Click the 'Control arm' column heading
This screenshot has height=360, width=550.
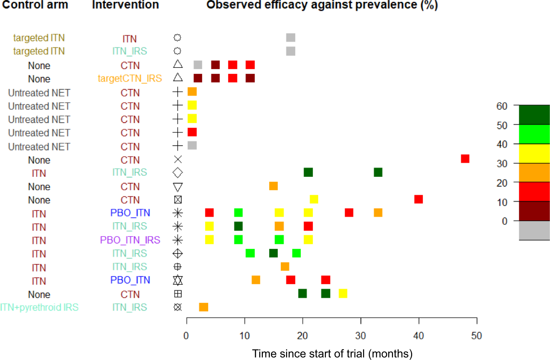pyautogui.click(x=35, y=5)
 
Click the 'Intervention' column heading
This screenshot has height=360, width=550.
pyautogui.click(x=125, y=5)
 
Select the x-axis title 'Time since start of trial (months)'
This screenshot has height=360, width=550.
pyautogui.click(x=332, y=353)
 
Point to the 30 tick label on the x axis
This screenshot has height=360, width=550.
pyautogui.click(x=360, y=335)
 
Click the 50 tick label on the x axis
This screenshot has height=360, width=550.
pyautogui.click(x=476, y=335)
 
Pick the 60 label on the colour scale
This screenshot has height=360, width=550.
pyautogui.click(x=502, y=106)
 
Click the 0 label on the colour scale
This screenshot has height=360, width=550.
pyautogui.click(x=505, y=221)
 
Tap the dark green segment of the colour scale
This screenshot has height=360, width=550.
pyautogui.click(x=534, y=114)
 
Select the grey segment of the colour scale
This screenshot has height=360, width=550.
pyautogui.click(x=534, y=230)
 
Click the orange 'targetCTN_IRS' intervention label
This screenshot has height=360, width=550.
pyautogui.click(x=130, y=79)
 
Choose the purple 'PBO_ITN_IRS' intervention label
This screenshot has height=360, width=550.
pyautogui.click(x=130, y=240)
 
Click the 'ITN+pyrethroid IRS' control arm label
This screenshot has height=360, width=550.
pyautogui.click(x=39, y=307)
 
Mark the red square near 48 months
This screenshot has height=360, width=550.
pyautogui.click(x=465, y=159)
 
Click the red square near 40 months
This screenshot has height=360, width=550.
pyautogui.click(x=418, y=199)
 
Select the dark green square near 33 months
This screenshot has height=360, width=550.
pyautogui.click(x=378, y=172)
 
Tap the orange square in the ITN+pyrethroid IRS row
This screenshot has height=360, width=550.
pyautogui.click(x=203, y=307)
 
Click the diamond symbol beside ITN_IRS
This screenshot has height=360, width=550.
pyautogui.click(x=177, y=172)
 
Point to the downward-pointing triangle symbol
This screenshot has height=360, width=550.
pyautogui.click(x=177, y=187)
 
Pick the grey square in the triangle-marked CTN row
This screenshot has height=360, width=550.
pyautogui.click(x=198, y=65)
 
